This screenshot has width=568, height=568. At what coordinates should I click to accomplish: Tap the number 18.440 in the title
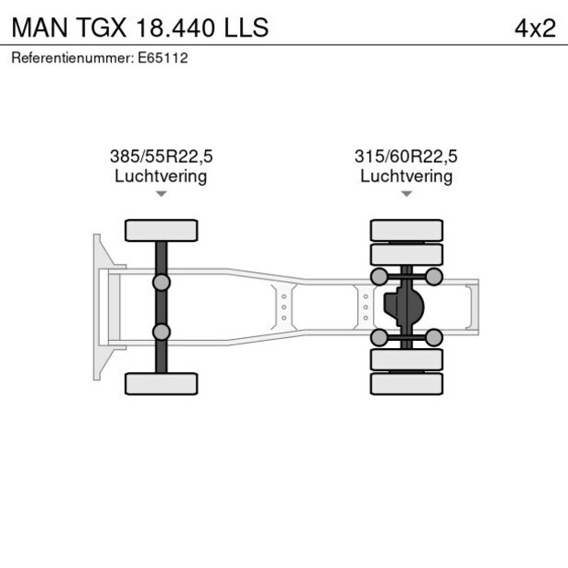(x=177, y=27)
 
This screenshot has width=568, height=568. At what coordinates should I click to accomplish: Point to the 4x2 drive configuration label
(x=535, y=27)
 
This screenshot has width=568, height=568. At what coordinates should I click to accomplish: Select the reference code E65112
(x=162, y=58)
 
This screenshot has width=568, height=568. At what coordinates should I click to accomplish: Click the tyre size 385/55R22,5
(x=160, y=157)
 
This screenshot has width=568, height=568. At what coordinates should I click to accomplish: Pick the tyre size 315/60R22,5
(x=406, y=157)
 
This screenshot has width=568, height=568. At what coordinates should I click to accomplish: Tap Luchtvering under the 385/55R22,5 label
(x=160, y=176)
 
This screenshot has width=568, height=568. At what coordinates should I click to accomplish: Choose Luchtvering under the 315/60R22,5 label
(x=406, y=176)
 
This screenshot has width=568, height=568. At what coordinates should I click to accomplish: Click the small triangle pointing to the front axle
(x=161, y=194)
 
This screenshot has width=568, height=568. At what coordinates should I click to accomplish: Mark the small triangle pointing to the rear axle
(x=407, y=194)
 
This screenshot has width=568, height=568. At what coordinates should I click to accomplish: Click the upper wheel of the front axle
(x=161, y=230)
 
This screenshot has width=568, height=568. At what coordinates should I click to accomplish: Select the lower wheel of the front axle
(x=161, y=383)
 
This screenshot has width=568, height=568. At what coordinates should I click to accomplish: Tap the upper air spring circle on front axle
(x=161, y=282)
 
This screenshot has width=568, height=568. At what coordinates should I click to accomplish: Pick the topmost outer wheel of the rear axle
(x=407, y=229)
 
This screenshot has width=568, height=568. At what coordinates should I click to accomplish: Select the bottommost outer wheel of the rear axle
(x=407, y=384)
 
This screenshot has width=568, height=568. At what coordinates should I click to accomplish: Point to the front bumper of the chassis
(x=98, y=307)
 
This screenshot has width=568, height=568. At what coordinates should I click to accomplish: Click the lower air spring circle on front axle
(x=161, y=332)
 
